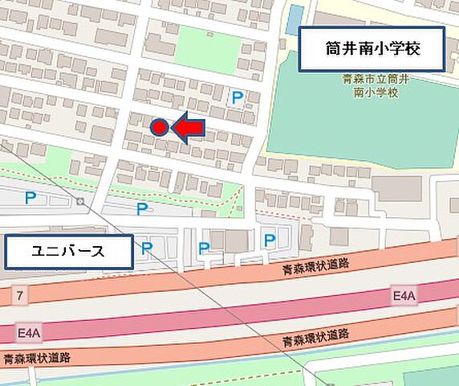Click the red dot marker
click(159, 127)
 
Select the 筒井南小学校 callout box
click(372, 49)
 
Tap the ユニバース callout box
click(67, 252)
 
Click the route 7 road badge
click(19, 297)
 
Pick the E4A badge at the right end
click(404, 297)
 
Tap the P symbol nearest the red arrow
click(236, 98)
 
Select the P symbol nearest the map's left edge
click(30, 198)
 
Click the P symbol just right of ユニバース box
click(146, 248)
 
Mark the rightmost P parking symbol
click(270, 239)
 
